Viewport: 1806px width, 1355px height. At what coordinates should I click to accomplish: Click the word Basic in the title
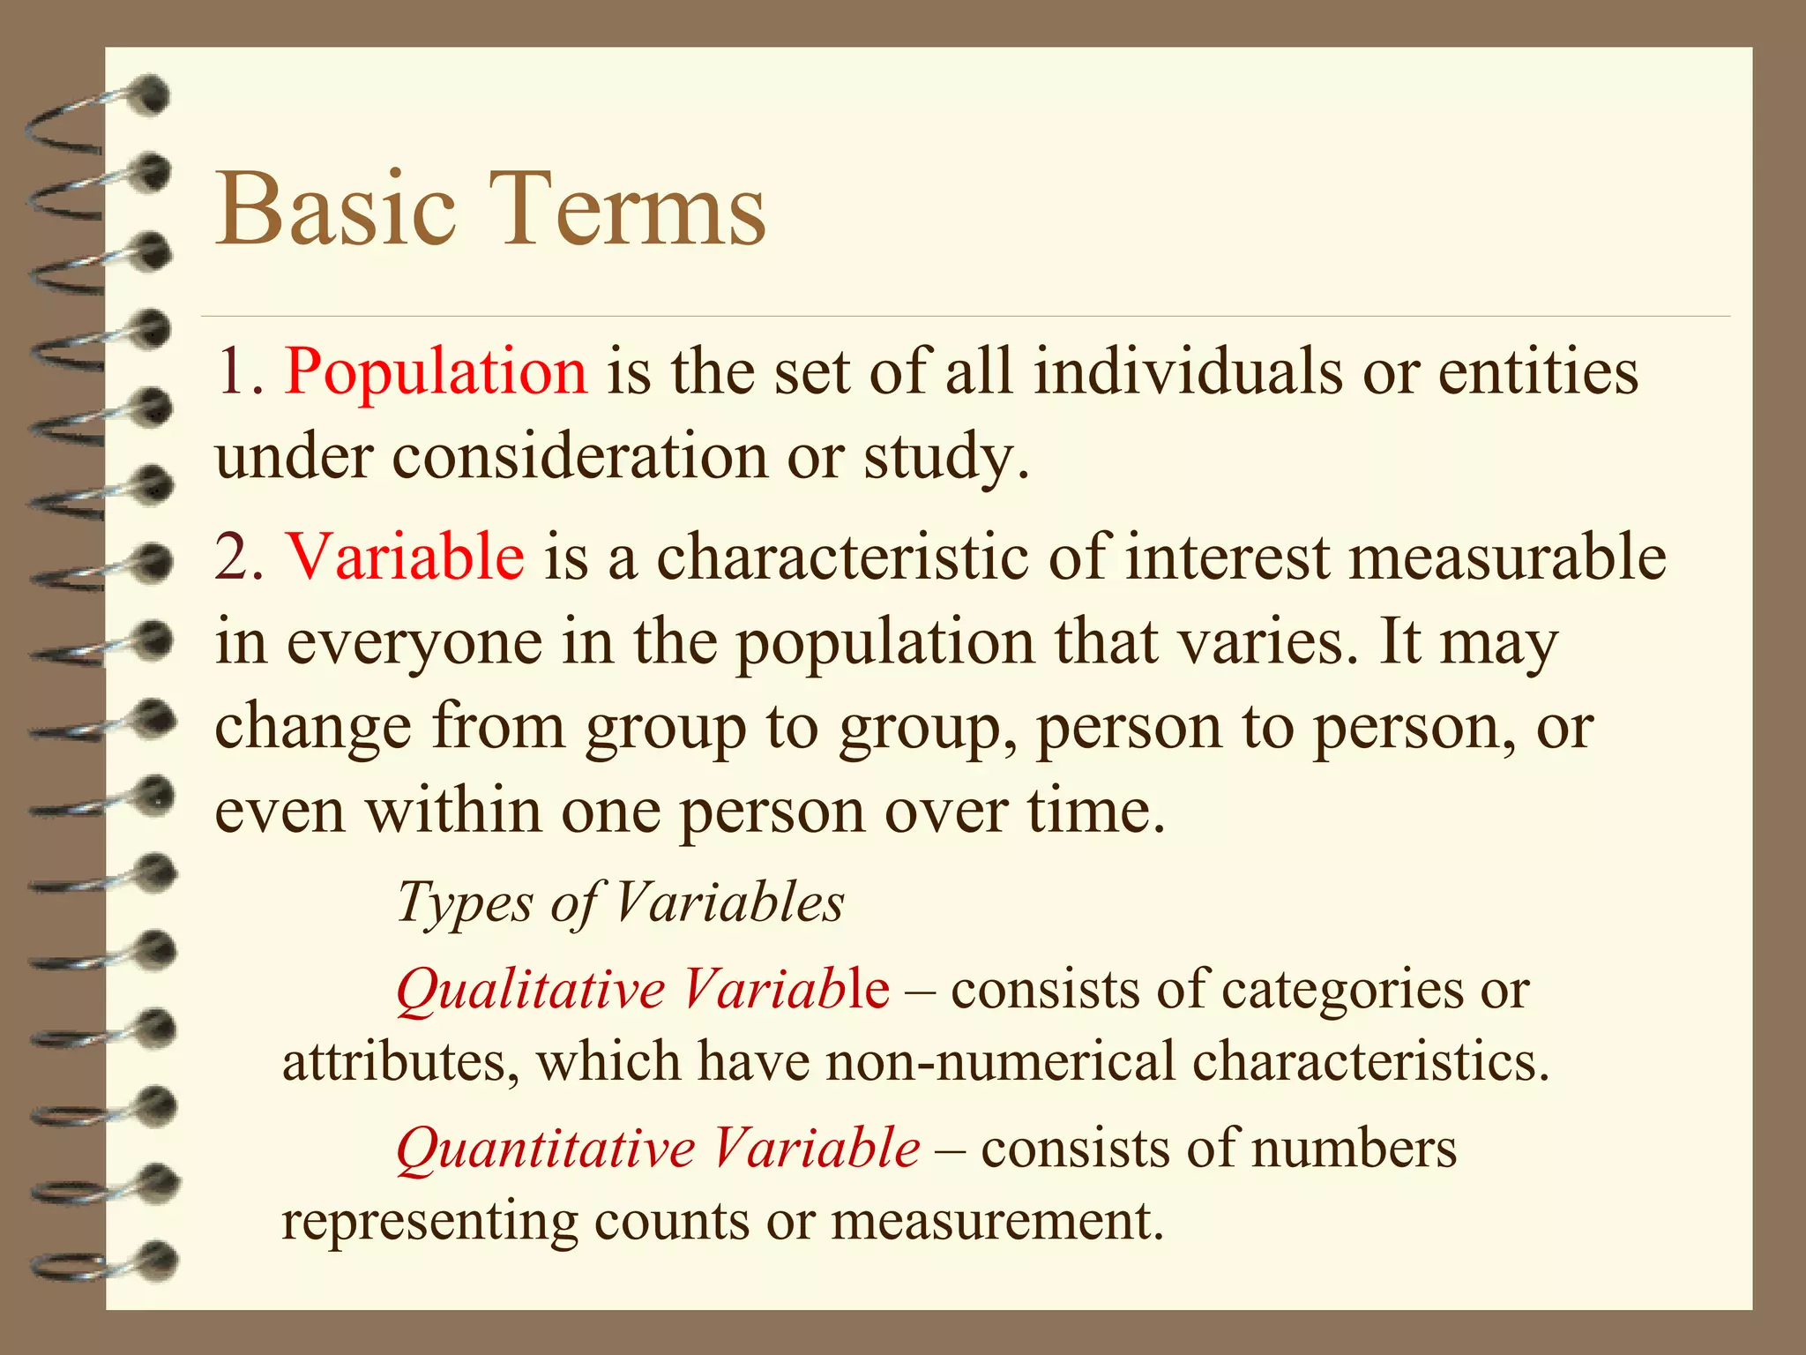(x=336, y=210)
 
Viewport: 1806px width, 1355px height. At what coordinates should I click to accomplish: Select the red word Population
(x=436, y=372)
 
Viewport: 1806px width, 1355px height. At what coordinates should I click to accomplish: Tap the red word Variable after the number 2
(x=406, y=558)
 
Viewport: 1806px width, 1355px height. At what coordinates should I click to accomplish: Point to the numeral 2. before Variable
(x=240, y=558)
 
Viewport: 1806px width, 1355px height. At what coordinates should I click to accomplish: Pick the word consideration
(x=580, y=457)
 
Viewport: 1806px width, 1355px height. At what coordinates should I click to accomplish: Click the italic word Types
(x=466, y=903)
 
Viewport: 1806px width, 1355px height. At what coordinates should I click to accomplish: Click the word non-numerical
(x=1001, y=1060)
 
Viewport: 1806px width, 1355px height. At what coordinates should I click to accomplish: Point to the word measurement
(x=997, y=1221)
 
